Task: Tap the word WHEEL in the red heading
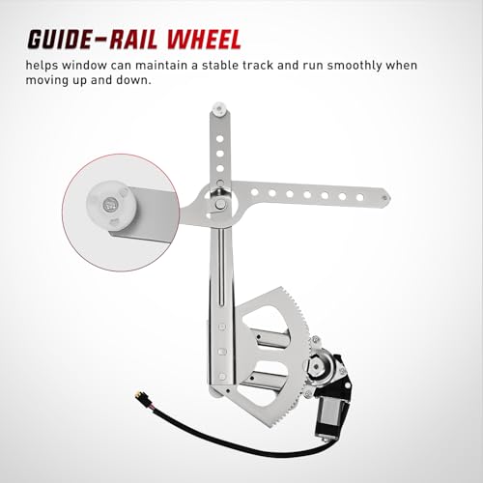coord(204,40)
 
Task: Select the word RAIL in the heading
coord(133,40)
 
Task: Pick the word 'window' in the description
coord(84,65)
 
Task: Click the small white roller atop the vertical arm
coord(219,109)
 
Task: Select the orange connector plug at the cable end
coord(140,393)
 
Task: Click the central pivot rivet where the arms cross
coord(220,203)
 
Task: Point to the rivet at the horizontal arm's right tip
coord(384,198)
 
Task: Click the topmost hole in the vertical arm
coord(220,139)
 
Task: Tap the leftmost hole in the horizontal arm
coord(255,192)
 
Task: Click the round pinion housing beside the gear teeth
coord(318,366)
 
